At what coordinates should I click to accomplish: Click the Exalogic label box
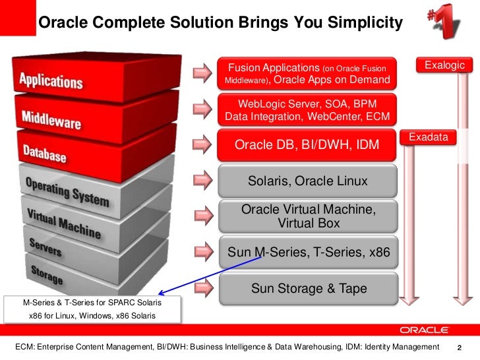pos(444,65)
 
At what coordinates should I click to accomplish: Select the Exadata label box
pos(429,137)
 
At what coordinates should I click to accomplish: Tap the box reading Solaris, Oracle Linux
pos(307,181)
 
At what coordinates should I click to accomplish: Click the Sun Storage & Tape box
pos(307,289)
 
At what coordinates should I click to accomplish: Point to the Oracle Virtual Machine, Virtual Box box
pos(307,216)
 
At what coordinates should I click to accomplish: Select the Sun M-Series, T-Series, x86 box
pos(307,253)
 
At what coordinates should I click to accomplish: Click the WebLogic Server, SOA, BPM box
pos(307,109)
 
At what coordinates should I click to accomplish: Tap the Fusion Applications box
pos(307,74)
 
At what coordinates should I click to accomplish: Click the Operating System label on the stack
pos(67,190)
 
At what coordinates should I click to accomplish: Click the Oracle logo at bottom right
pos(424,330)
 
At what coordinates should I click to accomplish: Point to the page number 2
pos(460,347)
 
